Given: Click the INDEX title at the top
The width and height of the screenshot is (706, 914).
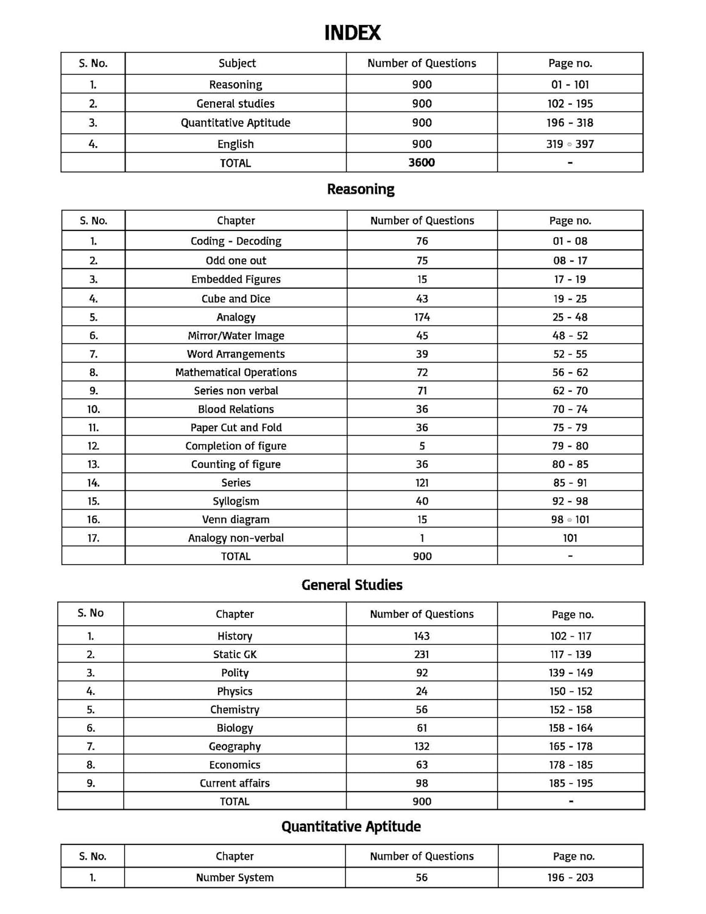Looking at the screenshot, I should point(352,33).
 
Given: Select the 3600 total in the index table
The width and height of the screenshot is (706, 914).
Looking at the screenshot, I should point(422,163).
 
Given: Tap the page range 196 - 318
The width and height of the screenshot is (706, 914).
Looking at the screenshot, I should point(570,122).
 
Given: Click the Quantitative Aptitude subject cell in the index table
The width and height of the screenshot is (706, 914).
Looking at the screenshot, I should point(235,122).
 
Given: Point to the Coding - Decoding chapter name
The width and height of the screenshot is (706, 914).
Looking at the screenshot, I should point(236,241).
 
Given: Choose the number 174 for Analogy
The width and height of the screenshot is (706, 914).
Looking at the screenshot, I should point(422,317).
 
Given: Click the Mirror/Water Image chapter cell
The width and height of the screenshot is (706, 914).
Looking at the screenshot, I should point(236,335).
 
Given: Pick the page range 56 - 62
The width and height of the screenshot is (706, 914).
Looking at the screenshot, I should point(570,372).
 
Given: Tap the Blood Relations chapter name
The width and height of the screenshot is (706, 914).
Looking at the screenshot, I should point(236,409).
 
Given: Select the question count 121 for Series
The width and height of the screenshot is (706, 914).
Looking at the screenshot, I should point(422,483).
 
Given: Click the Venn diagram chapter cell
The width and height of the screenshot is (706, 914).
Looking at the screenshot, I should point(236,519).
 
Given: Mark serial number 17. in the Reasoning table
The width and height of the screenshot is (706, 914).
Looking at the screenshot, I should point(93,537).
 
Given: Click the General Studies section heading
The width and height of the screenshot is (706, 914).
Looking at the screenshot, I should point(352,585).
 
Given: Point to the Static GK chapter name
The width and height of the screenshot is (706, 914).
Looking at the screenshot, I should point(235,654).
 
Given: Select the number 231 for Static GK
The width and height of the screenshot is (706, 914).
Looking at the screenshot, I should point(422,654).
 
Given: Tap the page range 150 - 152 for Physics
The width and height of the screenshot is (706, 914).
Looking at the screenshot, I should point(570,691).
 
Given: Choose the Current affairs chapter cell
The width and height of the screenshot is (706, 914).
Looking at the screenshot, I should point(235,783).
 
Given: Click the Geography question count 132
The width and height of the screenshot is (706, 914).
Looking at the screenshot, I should point(422,746).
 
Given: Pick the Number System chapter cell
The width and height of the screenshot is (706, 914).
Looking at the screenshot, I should point(235,877).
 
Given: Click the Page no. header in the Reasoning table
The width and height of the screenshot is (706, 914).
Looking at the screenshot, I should point(570,221).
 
